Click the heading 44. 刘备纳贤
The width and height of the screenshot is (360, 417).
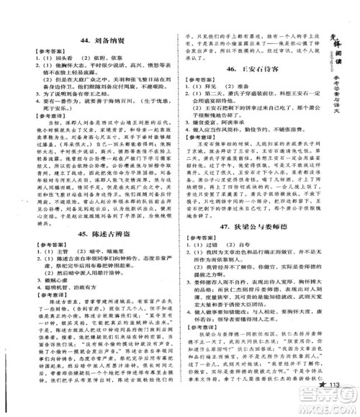[92, 42]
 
